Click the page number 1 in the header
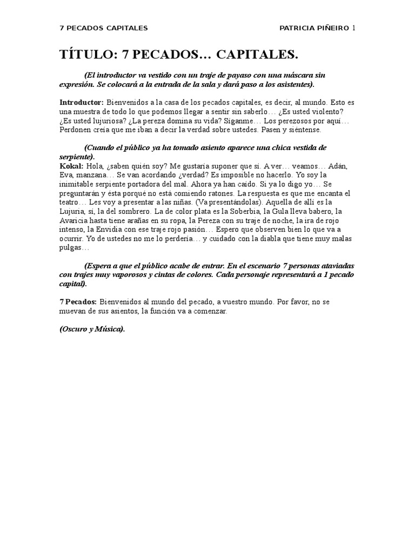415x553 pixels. click(354, 28)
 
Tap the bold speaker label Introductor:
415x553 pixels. click(81, 102)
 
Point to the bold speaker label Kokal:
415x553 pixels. click(71, 166)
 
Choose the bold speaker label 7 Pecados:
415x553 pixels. click(78, 301)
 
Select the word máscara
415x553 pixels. click(306, 75)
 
